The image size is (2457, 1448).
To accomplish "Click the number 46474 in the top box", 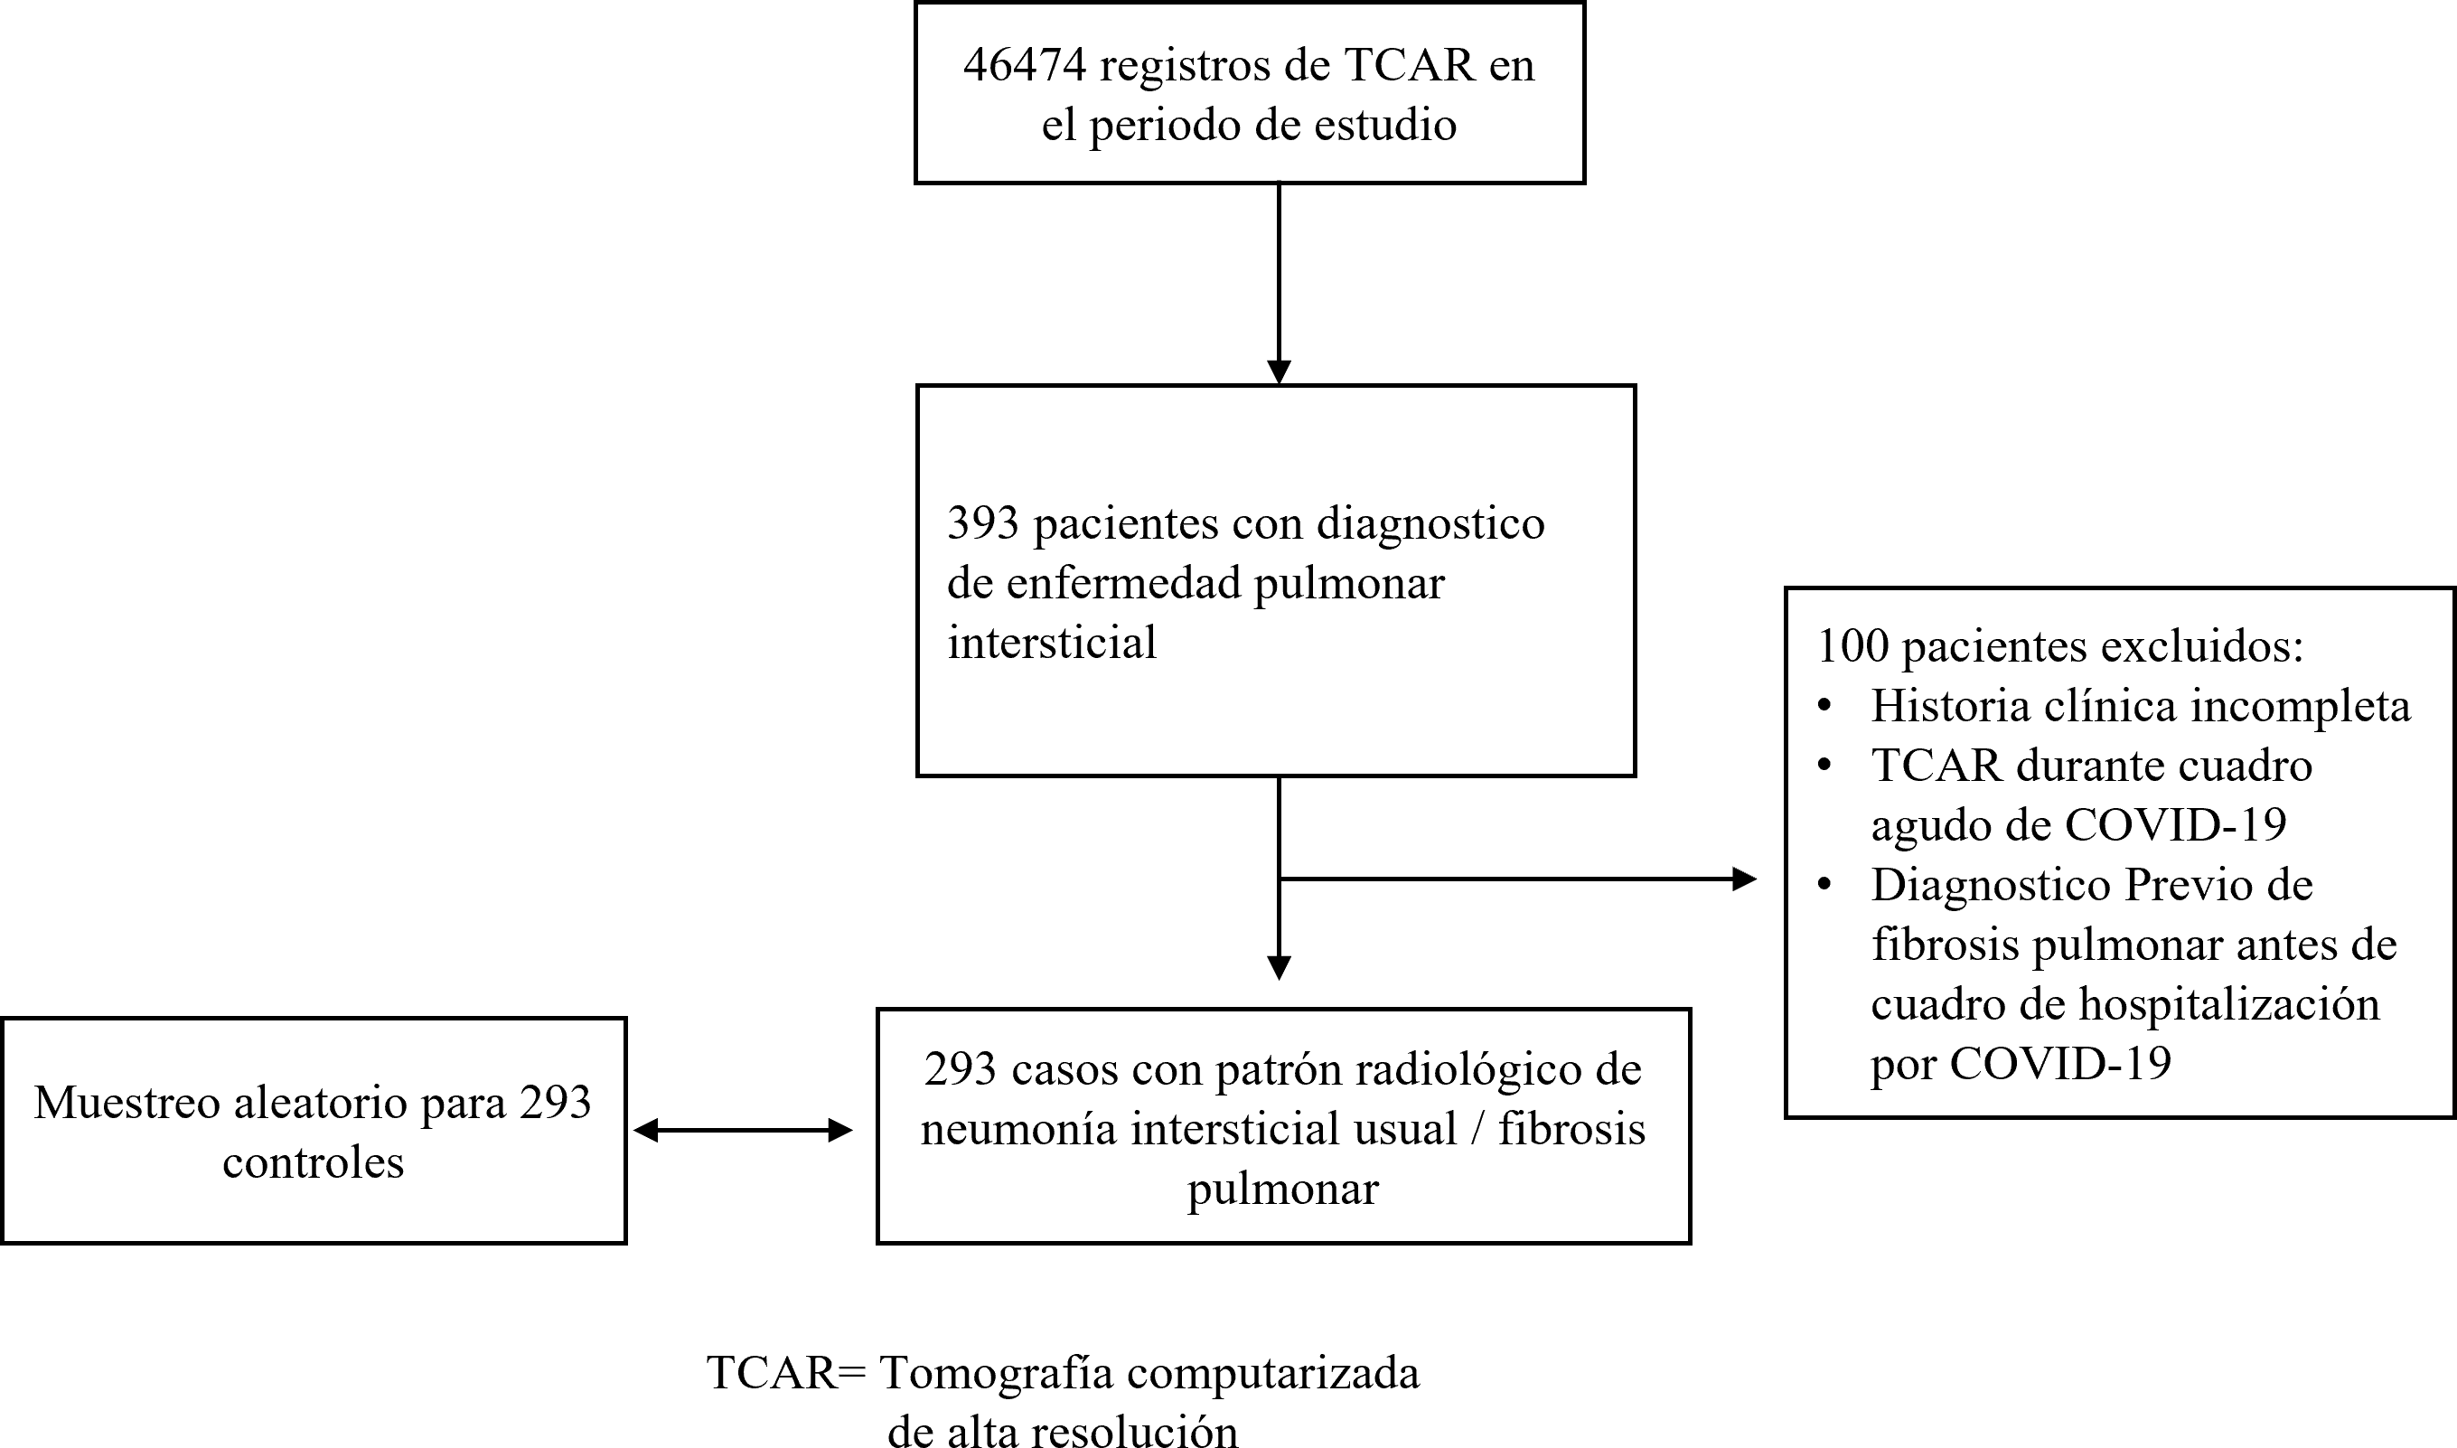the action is pyautogui.click(x=1024, y=65).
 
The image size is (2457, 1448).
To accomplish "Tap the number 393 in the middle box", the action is pyautogui.click(x=983, y=523).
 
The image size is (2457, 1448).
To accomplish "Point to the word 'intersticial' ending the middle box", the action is pyautogui.click(x=1052, y=643).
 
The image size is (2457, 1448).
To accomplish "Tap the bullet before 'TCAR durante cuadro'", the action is pyautogui.click(x=1824, y=766).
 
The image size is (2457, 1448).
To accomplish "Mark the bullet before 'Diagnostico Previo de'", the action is pyautogui.click(x=1824, y=885).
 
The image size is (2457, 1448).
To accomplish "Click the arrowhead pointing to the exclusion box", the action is pyautogui.click(x=1744, y=879).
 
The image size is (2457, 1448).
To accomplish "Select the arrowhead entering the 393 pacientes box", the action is pyautogui.click(x=1279, y=372).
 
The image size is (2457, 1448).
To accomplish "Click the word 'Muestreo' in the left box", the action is pyautogui.click(x=123, y=1104).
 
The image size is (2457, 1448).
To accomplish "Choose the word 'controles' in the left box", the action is pyautogui.click(x=313, y=1162).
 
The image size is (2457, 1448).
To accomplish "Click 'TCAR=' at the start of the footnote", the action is pyautogui.click(x=786, y=1373).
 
